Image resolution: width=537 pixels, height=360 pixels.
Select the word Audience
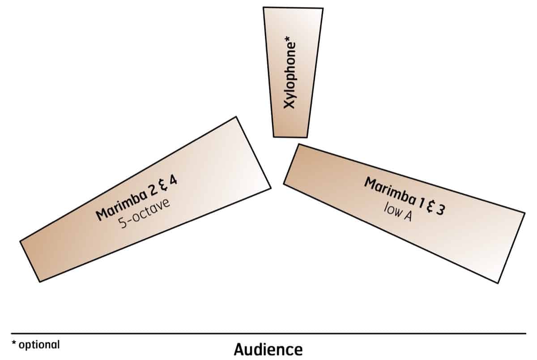pyautogui.click(x=268, y=349)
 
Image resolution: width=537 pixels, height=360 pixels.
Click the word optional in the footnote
pyautogui.click(x=38, y=345)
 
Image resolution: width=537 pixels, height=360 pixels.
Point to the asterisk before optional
pyautogui.click(x=14, y=343)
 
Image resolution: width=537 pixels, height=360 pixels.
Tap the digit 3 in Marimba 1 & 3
pyautogui.click(x=440, y=210)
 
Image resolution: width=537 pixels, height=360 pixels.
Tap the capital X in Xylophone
pyautogui.click(x=291, y=104)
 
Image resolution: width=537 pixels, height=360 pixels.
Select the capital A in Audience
pyautogui.click(x=239, y=349)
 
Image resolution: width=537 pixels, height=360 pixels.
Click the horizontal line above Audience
pyautogui.click(x=268, y=334)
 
